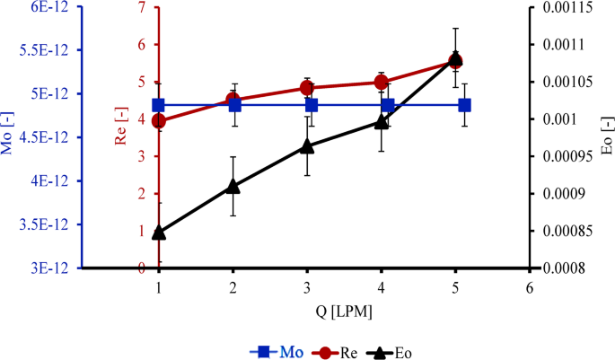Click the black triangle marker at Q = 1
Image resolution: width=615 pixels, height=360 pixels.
(159, 233)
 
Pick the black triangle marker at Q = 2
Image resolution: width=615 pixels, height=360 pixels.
(233, 186)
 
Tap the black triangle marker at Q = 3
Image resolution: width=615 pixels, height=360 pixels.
(307, 145)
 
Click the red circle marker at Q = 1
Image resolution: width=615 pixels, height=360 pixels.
(159, 121)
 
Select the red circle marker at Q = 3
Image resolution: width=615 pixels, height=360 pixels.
(307, 88)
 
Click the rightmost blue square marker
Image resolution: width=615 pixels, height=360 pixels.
(465, 105)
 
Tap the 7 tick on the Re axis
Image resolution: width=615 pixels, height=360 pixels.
(140, 7)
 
